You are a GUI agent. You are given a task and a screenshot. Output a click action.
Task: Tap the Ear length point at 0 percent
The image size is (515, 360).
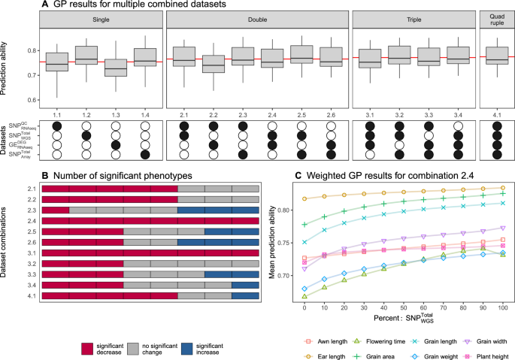304,198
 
